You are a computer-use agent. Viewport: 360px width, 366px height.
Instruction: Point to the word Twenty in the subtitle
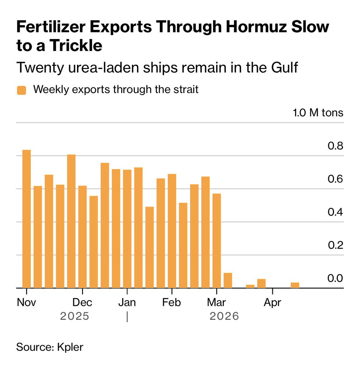37,67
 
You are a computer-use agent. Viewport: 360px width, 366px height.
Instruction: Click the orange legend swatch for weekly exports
21,90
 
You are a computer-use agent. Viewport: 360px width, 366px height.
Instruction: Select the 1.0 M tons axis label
318,113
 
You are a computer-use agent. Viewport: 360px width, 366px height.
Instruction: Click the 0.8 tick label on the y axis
335,146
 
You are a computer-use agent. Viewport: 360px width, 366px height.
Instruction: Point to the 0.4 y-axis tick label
335,212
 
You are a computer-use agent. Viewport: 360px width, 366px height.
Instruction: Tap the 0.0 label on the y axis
335,278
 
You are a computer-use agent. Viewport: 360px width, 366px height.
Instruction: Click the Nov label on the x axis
26,302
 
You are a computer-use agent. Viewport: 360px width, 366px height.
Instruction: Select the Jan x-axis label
127,302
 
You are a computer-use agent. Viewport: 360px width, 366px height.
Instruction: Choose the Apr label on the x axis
272,302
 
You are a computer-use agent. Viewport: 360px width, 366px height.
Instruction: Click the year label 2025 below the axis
75,316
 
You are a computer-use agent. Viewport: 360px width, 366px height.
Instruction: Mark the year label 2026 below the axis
224,316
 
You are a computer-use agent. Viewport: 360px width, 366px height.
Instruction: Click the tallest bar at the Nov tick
27,219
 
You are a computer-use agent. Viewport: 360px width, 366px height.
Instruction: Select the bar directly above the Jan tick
127,229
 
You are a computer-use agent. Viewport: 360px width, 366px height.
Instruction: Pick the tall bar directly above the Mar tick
216,241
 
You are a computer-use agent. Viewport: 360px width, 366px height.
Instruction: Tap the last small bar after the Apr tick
295,285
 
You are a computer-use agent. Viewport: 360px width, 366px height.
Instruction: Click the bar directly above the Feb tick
172,231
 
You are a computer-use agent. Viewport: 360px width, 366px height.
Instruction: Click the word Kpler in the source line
70,347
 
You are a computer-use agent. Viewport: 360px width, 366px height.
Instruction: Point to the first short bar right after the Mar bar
228,280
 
